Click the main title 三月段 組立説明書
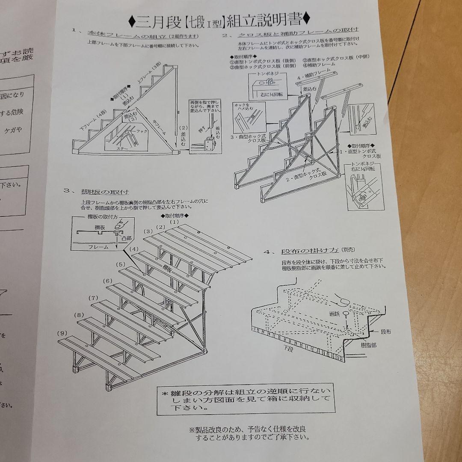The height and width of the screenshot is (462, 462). point(220,19)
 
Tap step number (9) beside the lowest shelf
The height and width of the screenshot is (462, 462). point(62,333)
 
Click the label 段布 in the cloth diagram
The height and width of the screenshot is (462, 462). point(385,331)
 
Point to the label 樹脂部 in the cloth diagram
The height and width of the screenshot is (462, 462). point(368,345)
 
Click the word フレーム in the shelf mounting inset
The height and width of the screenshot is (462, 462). point(98,247)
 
